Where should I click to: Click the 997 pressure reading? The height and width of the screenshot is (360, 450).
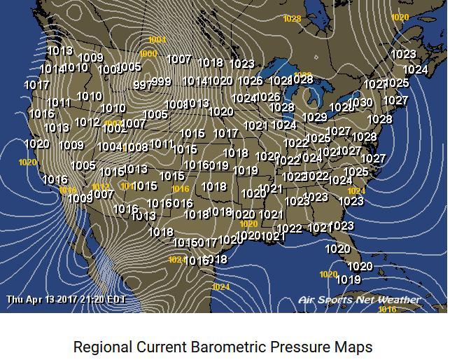point(142,85)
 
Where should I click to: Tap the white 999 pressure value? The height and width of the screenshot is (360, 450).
point(161,82)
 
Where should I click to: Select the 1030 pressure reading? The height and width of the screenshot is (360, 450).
point(361,102)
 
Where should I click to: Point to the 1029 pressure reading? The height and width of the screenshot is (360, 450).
point(314,117)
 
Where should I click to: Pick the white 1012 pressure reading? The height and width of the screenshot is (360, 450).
point(87,122)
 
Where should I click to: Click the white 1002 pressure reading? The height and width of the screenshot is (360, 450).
point(114,129)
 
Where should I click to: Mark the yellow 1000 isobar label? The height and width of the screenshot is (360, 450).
point(148,54)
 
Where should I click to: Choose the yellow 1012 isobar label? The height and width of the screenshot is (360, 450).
point(101,186)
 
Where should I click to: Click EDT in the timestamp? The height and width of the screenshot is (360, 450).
point(116,299)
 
